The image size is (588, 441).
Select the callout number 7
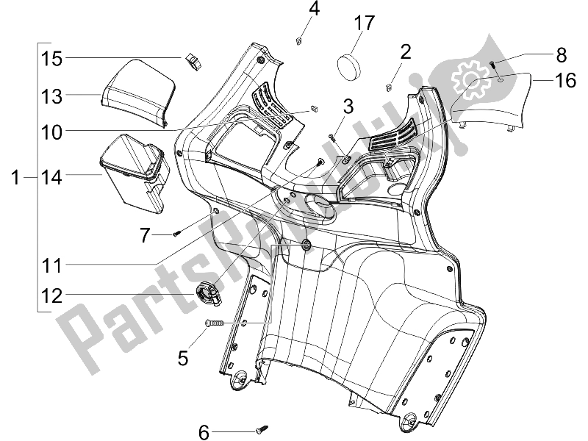coord(146,234)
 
